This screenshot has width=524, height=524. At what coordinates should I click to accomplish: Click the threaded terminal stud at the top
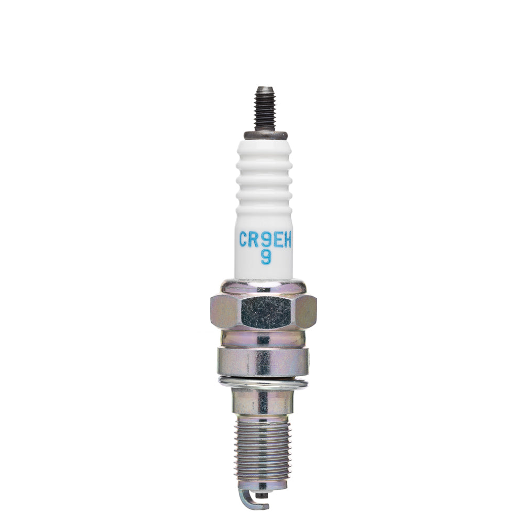point(266,110)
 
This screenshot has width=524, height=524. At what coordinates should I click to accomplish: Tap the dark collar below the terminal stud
point(266,135)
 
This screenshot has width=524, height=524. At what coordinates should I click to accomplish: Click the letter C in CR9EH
point(244,240)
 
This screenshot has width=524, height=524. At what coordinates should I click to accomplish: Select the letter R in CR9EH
point(256,240)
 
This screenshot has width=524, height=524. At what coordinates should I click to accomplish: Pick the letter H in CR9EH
point(288,240)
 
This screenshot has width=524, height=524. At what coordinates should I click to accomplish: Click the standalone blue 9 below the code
point(266,257)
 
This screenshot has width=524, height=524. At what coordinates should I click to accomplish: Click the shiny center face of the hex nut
point(266,312)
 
